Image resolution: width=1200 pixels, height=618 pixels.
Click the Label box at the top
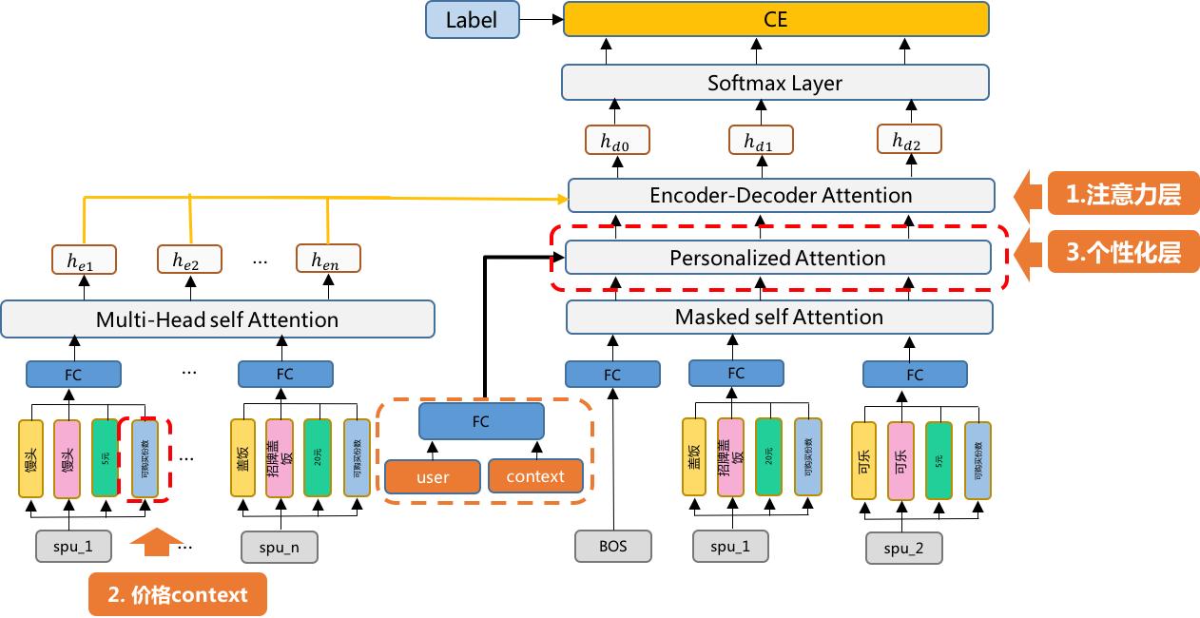click(x=472, y=19)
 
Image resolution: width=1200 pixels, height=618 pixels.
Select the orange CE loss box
click(x=776, y=19)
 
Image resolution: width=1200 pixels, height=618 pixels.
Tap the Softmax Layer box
click(x=775, y=83)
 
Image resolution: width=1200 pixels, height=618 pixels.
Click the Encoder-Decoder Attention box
click(x=781, y=195)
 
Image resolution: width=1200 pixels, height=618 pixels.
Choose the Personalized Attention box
click(x=778, y=258)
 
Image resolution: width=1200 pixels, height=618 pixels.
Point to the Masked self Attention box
click(x=779, y=317)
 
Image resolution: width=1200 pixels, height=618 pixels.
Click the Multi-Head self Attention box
click(x=217, y=319)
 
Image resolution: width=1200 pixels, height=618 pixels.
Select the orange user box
click(x=433, y=476)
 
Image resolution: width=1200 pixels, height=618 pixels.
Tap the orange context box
click(x=535, y=476)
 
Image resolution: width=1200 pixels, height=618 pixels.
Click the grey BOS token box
click(x=613, y=547)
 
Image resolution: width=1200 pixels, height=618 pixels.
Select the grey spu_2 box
click(x=904, y=549)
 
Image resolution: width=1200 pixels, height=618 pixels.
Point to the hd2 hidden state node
click(x=906, y=141)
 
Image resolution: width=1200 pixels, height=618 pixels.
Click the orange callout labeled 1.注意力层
click(x=1122, y=195)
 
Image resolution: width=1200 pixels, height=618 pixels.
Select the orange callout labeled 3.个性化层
click(x=1122, y=254)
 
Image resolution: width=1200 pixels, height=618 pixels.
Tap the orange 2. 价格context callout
click(x=178, y=595)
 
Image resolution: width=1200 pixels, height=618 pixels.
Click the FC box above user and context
click(x=481, y=420)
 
